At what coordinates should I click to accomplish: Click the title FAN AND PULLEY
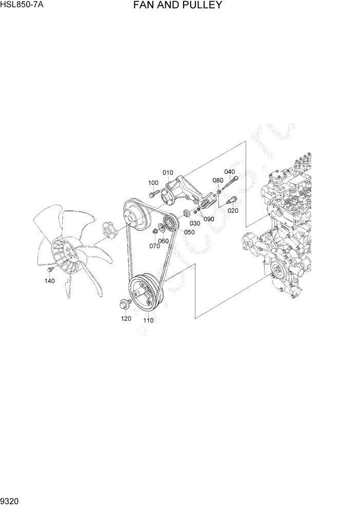pos(177,6)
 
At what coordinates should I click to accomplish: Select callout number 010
pos(168,172)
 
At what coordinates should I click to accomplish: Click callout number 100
pos(153,183)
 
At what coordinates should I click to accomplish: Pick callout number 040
pos(229,172)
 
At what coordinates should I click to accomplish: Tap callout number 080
pos(218,181)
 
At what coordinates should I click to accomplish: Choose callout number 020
pos(233,211)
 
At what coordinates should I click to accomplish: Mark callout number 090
pos(209,219)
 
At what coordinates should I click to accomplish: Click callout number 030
pos(195,223)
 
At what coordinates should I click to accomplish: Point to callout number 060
pos(164,241)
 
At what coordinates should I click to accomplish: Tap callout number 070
pos(154,246)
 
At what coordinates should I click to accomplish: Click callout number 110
pos(149,321)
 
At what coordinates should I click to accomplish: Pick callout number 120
pos(126,318)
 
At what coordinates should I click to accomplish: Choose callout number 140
pos(50,281)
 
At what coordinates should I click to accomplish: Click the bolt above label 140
pos(50,269)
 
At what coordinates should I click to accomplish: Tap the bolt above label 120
pos(124,304)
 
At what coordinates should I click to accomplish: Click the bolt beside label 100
pos(154,194)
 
